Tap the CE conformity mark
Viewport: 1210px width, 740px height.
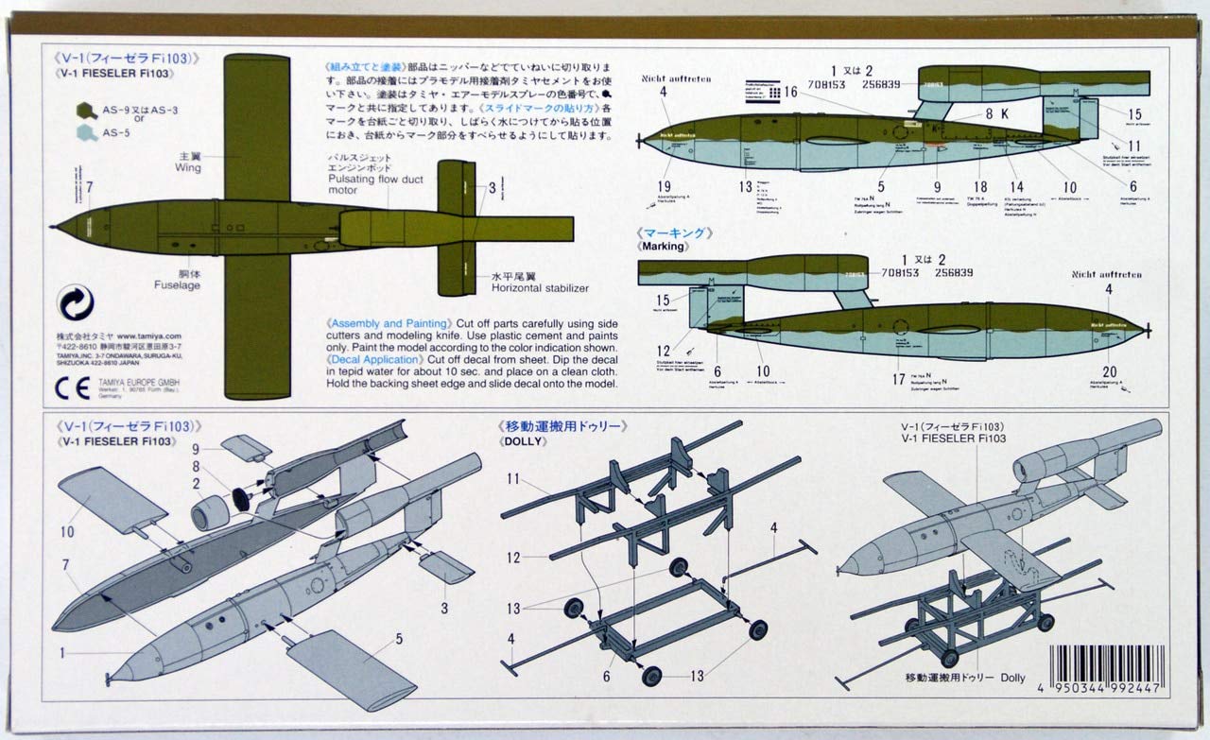point(70,387)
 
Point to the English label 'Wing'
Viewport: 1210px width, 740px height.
point(187,167)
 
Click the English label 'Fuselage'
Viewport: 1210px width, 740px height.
point(179,284)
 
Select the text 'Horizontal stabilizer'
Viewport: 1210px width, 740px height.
point(538,286)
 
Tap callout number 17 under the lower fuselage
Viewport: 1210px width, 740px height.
point(898,381)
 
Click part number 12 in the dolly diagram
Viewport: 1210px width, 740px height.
point(513,558)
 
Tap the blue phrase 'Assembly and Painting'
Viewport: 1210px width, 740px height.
point(388,322)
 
